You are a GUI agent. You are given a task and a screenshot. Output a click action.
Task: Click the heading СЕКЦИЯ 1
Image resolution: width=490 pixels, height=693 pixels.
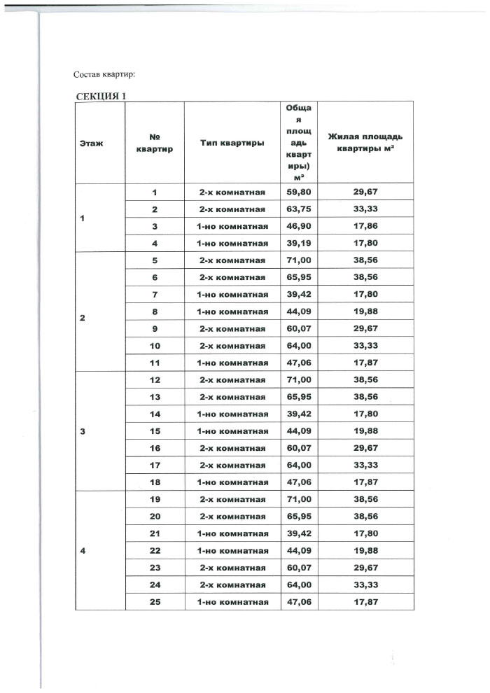(100, 96)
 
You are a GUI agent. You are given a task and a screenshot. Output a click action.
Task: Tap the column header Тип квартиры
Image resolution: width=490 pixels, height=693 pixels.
(232, 143)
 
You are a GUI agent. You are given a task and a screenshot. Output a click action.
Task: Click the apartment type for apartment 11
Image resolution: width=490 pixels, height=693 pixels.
(232, 363)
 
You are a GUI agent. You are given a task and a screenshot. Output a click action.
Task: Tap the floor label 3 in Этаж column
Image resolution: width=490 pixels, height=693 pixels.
(83, 431)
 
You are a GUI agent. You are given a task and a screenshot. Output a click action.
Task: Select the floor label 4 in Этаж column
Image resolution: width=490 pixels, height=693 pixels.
(83, 550)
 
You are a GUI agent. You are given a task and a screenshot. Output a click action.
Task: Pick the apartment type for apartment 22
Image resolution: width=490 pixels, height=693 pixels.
(232, 550)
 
